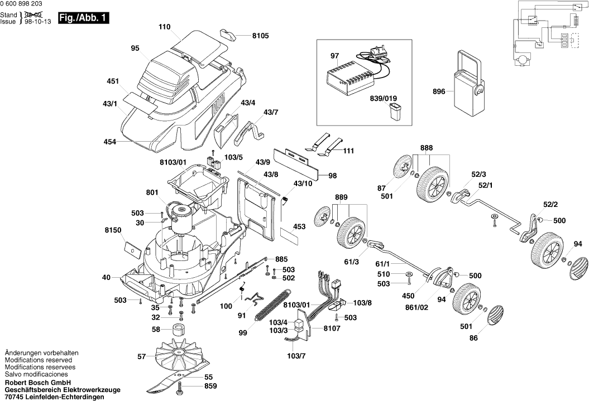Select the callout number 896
(x=439, y=91)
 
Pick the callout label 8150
(x=113, y=229)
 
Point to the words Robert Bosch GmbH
(x=37, y=383)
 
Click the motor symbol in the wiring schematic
(x=523, y=57)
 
